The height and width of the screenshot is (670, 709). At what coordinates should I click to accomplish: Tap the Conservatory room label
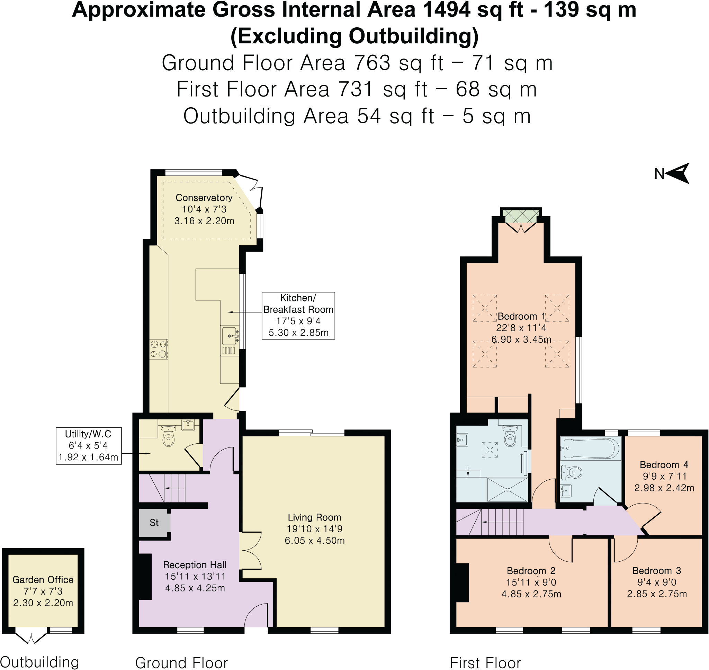tap(204, 198)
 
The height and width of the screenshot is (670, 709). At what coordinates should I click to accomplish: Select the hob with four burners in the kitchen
tap(159, 349)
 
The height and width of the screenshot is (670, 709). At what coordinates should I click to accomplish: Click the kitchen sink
tap(230, 336)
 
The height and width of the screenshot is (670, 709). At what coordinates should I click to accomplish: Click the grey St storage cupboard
tap(154, 523)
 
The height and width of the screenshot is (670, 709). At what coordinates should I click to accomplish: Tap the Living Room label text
tap(314, 517)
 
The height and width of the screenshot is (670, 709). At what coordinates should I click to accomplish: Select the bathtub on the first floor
tap(591, 449)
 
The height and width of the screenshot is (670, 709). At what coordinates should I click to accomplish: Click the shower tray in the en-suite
tap(507, 490)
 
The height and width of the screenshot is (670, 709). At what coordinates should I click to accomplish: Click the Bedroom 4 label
tap(664, 465)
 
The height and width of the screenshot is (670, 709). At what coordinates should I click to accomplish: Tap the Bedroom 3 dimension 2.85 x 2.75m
tap(657, 594)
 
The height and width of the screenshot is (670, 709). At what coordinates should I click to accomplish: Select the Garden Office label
tap(43, 580)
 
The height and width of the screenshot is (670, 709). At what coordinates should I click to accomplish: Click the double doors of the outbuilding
tap(31, 637)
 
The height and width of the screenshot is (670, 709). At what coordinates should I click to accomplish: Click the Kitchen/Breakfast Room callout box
tap(298, 315)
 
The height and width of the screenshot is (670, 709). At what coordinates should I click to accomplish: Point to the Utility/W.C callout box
tap(88, 446)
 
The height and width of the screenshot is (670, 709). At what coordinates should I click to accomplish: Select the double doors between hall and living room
tap(251, 550)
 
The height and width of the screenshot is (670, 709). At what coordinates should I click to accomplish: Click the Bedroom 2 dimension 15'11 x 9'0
tap(531, 582)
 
